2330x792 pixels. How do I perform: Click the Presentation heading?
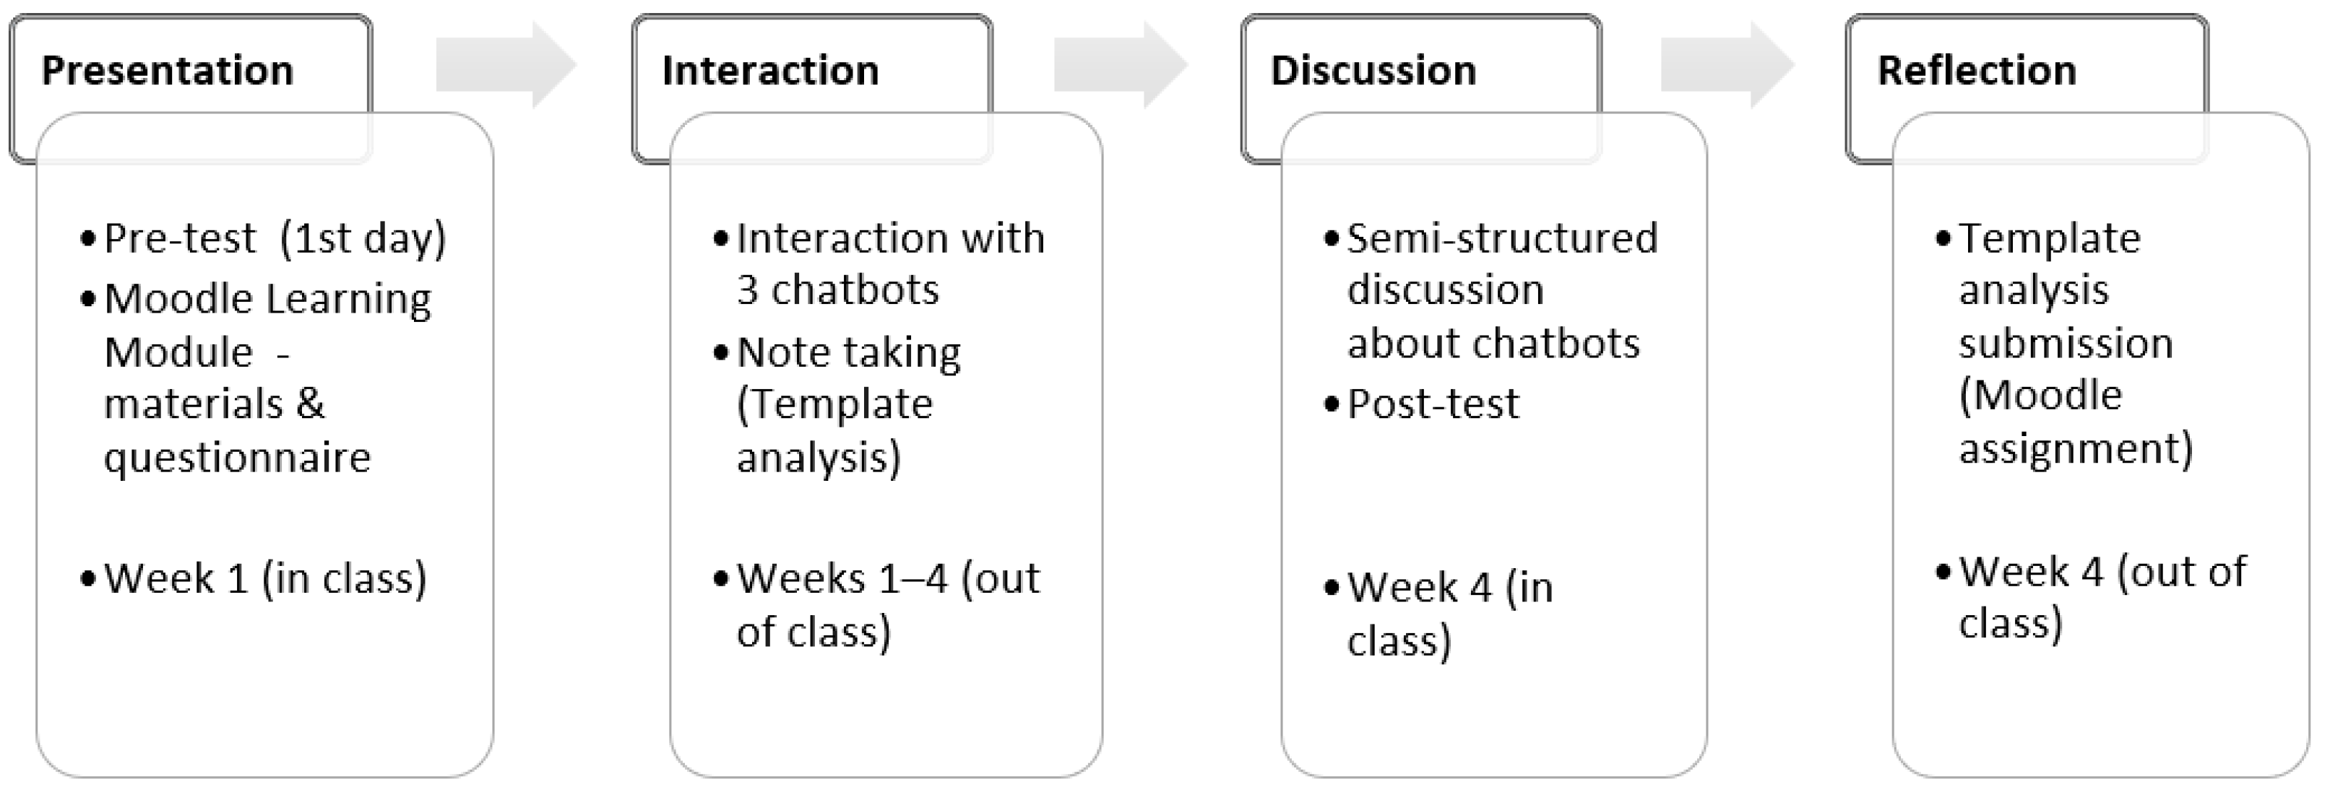click(168, 71)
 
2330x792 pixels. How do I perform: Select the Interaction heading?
click(769, 71)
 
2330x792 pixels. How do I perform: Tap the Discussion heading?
click(1372, 71)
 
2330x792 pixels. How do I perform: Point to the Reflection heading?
click(1976, 71)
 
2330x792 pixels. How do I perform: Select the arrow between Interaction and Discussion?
click(1120, 66)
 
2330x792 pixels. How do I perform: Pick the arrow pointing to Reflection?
click(1726, 66)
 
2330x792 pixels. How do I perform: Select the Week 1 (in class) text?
click(265, 578)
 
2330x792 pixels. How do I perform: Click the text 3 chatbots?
click(837, 290)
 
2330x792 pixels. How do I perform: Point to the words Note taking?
click(848, 352)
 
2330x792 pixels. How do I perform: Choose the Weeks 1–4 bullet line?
click(887, 578)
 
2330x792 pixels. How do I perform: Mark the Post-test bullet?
click(1433, 404)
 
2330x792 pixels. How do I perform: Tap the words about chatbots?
click(1493, 344)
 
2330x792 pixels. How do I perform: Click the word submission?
click(2065, 344)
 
